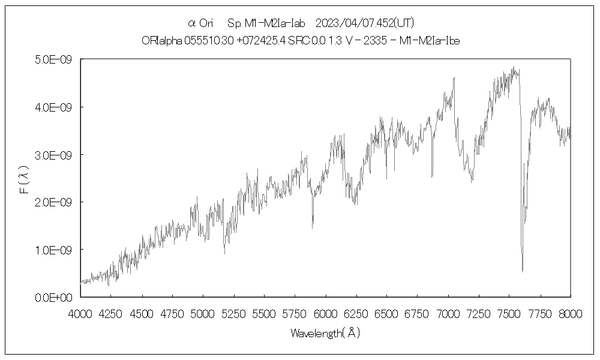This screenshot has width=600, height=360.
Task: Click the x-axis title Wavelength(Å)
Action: (325, 332)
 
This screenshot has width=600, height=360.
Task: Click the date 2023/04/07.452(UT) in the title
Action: (365, 23)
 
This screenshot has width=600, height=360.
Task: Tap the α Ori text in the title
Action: (200, 23)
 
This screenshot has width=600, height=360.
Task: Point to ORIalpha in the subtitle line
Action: (158, 40)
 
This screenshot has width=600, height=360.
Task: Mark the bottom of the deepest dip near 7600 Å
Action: (522, 271)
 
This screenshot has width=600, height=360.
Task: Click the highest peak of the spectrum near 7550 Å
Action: (514, 67)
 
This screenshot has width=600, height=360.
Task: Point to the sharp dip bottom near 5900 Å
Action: (312, 227)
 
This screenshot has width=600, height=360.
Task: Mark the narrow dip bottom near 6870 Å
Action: (432, 176)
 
